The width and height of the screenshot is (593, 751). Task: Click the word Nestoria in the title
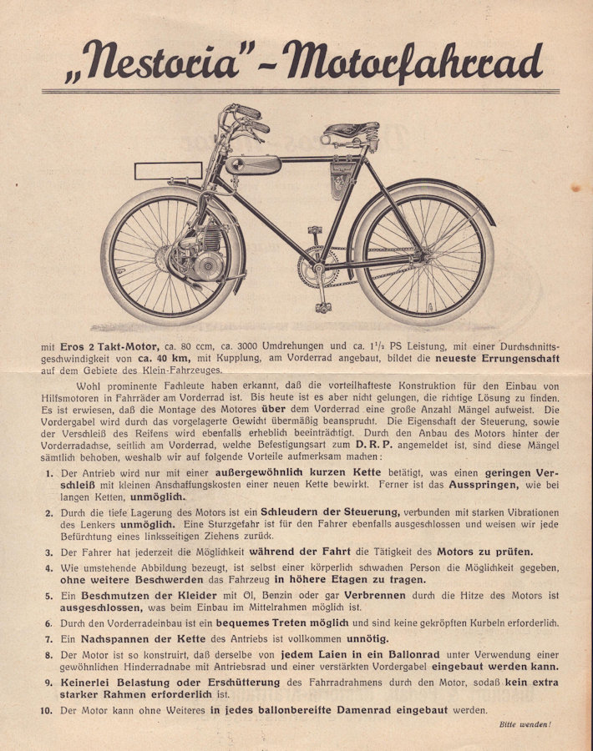(x=166, y=60)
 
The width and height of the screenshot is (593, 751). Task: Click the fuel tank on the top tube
(x=252, y=164)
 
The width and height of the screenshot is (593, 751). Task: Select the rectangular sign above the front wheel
(x=168, y=171)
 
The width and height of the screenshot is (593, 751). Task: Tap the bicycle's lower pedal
(x=322, y=307)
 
